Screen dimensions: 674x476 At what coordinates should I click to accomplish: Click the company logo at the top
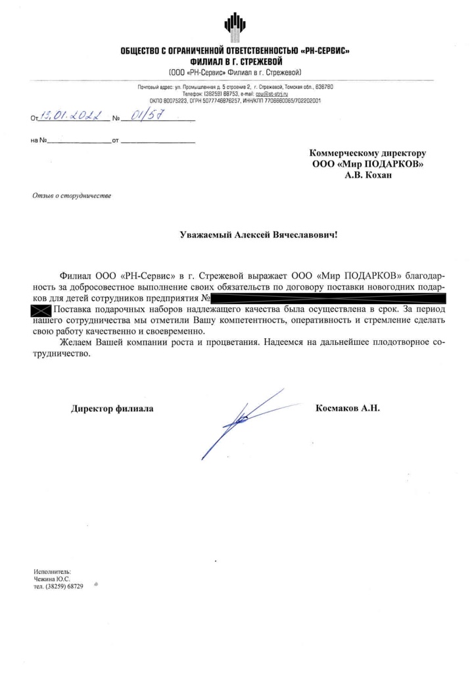(x=234, y=25)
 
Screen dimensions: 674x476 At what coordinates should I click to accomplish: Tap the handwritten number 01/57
(x=147, y=118)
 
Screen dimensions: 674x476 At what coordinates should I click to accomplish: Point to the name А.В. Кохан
(x=368, y=175)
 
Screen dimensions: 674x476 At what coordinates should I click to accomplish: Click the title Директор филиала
(x=112, y=409)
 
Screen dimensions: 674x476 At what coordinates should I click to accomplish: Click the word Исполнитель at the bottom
(x=51, y=571)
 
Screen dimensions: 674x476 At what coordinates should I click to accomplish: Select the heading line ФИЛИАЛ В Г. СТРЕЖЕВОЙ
(x=233, y=61)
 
